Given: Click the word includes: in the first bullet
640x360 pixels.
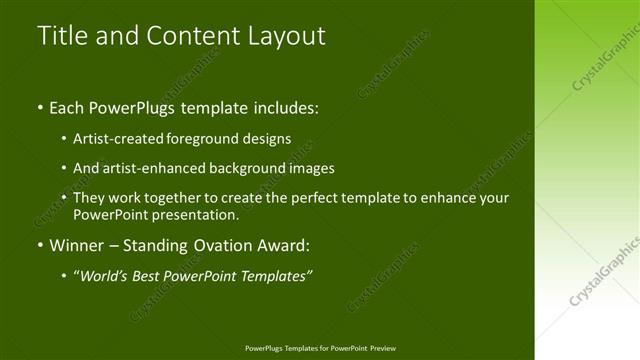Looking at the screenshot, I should tap(286, 107).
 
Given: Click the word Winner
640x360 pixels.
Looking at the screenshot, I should tap(77, 245).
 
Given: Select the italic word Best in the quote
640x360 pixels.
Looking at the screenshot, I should tap(151, 275).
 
